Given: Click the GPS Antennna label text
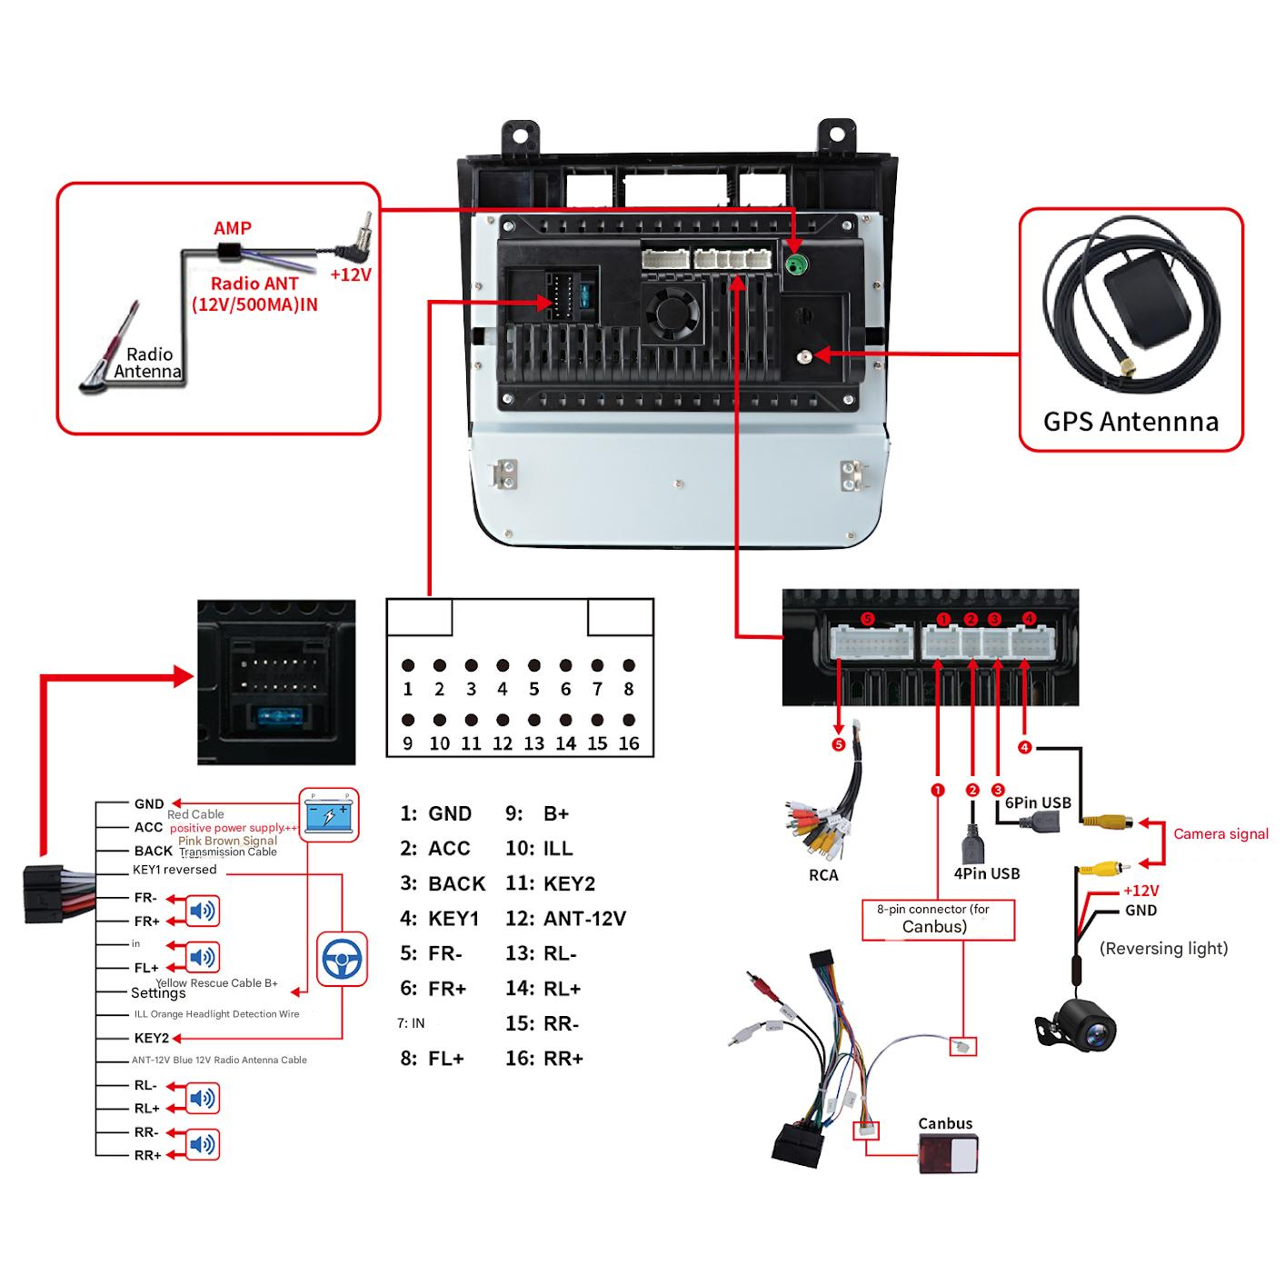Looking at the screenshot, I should pos(1130,422).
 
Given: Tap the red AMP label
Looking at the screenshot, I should pos(233,228).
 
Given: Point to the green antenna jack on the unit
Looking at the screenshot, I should pos(796,265).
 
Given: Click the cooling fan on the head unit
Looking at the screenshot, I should pos(672,311).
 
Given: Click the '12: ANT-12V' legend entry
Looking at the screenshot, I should pos(565,919).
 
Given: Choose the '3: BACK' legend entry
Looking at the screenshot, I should pos(443,884).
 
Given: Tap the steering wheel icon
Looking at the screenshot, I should pos(343,959).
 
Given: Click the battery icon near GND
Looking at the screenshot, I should pos(329,812).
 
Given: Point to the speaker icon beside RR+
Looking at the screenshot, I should pos(203,1144).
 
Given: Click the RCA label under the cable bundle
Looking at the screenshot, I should pos(823,875).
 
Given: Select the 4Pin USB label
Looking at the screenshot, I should pos(986,873).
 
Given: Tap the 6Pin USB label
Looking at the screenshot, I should pos(1038,802).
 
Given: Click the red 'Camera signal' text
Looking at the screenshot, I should pos(1220,834).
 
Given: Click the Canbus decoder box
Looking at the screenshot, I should pos(948,1155).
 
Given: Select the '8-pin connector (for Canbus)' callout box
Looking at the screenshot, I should pos(937,919).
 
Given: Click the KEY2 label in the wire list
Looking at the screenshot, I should pos(152,1038).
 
